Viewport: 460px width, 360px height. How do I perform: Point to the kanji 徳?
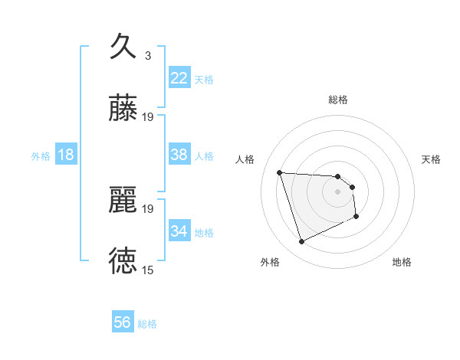coord(123,260)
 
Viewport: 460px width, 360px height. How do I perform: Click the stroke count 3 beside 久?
coord(148,55)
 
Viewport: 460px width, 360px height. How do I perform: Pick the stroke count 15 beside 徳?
coord(148,270)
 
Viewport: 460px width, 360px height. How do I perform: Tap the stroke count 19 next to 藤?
coord(148,117)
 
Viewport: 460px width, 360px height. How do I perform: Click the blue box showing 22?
coord(179,78)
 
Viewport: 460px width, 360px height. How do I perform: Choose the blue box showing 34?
coord(179,231)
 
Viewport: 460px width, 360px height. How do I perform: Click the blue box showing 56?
coord(123,322)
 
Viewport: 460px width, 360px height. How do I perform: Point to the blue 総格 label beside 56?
coord(147,324)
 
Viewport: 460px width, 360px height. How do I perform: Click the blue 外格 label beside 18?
coord(41,156)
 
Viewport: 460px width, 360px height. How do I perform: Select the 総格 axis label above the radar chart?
coord(338,100)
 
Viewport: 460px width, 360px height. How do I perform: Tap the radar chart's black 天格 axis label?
coord(432,159)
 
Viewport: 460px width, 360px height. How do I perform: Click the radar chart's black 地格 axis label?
coord(402,263)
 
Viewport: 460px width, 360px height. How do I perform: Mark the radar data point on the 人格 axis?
coord(280,172)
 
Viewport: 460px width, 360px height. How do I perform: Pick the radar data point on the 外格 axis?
coord(301,242)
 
